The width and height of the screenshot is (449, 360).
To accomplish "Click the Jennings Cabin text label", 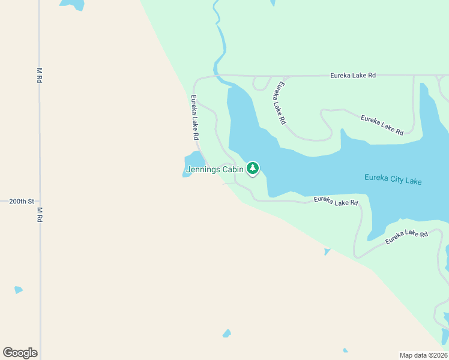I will tap(214, 170).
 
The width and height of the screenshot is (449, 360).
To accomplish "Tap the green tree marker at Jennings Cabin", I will tap(253, 169).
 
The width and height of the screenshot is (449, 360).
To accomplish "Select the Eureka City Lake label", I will tap(393, 179).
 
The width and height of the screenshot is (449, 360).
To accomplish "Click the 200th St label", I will tap(22, 202).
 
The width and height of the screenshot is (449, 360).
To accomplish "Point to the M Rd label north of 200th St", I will tap(40, 75).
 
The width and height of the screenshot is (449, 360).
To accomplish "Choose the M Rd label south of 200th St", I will tap(40, 215).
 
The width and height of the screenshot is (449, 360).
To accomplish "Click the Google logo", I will tap(20, 353).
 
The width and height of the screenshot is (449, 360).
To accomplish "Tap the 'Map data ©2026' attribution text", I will tap(423, 355).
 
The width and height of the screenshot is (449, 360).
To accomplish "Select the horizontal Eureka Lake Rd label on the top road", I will tap(353, 76).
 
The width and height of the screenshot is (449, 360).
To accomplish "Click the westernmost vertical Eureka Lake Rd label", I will tap(194, 118).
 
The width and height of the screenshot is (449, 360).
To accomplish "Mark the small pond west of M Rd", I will tap(18, 290).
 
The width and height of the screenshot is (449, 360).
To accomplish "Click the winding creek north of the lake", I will tap(220, 42).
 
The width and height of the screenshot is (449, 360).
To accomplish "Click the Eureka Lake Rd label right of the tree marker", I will tap(336, 201).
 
